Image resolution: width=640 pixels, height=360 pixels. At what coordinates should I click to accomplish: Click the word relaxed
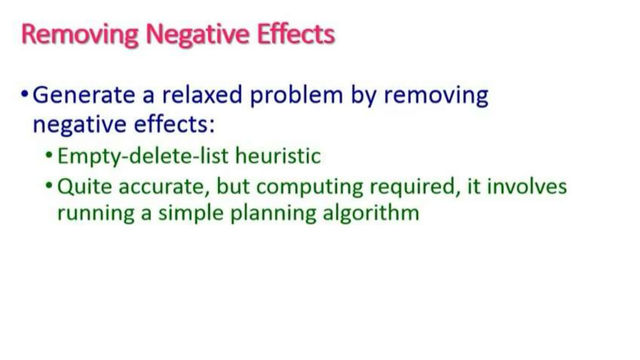point(202,95)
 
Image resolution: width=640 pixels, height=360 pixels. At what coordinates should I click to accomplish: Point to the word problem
point(296,96)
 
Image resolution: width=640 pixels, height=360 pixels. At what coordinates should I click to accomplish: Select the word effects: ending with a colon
point(174,124)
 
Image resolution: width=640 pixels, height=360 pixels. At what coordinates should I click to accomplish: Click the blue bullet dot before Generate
point(25,93)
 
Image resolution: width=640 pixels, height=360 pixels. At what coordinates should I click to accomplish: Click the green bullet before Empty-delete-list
point(49,154)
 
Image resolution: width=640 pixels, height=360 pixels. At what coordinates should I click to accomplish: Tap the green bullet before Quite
point(49,185)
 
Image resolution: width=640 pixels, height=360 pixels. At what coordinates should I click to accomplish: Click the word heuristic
point(278,155)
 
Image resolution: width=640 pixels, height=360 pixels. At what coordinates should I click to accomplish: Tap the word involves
point(527,187)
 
